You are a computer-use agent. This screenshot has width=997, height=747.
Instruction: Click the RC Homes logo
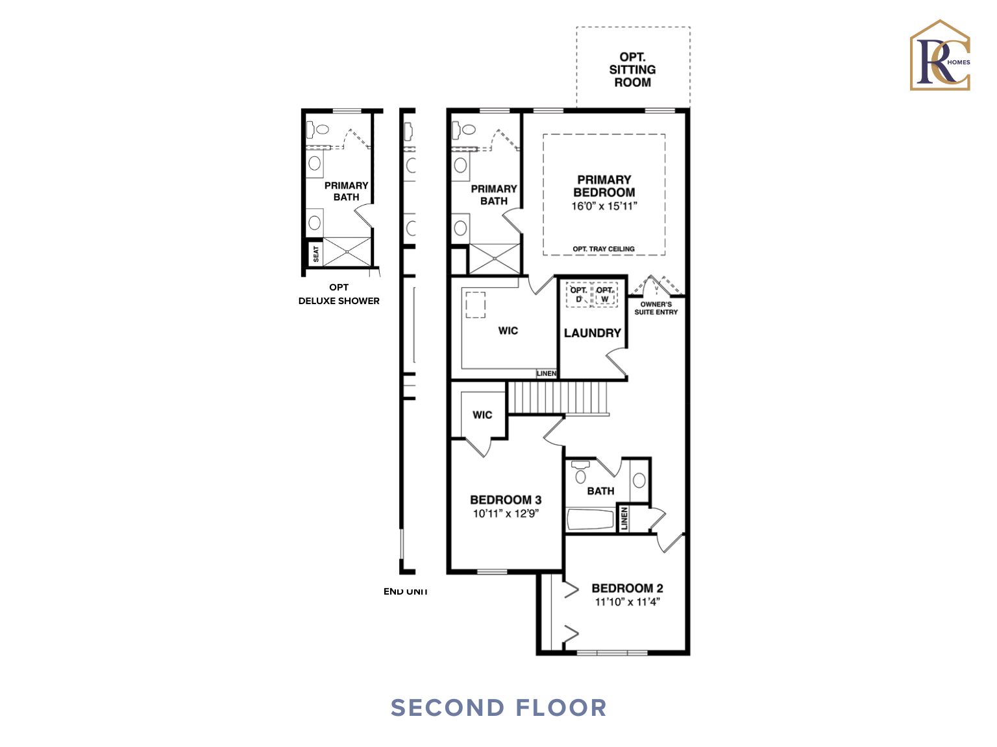940,56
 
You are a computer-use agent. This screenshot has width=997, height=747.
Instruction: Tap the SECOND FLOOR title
498,707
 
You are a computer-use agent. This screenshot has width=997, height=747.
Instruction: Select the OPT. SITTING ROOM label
632,69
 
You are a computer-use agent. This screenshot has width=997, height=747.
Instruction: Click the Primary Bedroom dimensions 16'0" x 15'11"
604,206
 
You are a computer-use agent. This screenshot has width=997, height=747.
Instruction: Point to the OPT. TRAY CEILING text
603,249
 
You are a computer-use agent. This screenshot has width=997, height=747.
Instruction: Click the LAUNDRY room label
592,333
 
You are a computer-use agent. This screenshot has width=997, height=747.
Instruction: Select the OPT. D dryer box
578,294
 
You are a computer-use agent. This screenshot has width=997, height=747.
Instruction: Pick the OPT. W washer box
605,294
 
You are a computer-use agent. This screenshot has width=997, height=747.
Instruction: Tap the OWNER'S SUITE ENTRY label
656,308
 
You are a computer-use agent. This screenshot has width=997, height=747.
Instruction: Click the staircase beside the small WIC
558,397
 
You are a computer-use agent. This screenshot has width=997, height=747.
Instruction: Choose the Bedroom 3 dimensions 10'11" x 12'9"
506,514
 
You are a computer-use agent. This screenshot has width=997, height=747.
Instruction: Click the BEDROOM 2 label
627,588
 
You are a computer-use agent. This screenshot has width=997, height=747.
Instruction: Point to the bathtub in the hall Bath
590,519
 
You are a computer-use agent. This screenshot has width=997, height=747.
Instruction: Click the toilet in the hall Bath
580,473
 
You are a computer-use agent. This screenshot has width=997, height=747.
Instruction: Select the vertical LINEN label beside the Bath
624,519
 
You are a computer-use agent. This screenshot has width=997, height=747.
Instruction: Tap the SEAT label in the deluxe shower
316,254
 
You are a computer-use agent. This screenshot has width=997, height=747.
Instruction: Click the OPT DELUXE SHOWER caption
339,294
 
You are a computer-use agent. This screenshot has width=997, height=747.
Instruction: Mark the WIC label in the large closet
508,331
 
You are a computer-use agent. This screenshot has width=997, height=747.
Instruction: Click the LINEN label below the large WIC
547,373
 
